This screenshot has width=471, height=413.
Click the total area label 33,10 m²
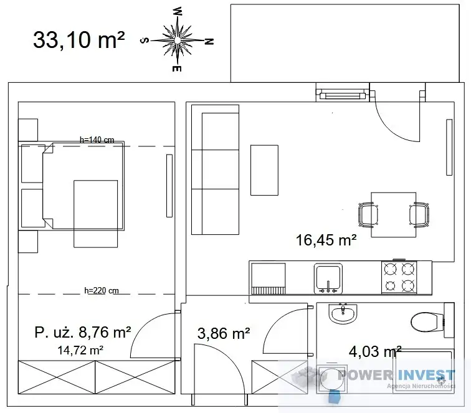(78, 40)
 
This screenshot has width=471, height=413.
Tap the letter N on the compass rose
(209, 42)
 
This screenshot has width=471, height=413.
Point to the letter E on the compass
(177, 69)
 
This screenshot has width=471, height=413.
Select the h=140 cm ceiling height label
(97, 140)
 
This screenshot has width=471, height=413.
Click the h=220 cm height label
(102, 290)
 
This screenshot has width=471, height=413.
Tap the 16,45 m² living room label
(326, 240)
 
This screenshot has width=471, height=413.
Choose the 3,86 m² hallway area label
(224, 333)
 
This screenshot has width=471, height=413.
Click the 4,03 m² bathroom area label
(375, 351)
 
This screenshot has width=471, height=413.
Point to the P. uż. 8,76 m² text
(83, 332)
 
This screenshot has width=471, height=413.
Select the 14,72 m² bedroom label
(80, 350)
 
